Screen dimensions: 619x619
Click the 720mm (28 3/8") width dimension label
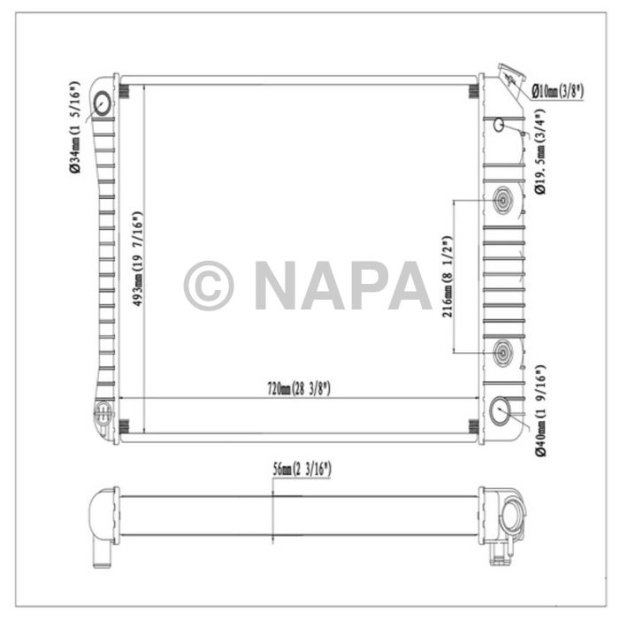pos(299,388)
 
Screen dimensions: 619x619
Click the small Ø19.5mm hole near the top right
pos(500,124)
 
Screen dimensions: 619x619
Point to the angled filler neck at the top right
pos(510,80)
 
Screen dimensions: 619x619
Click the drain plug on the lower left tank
pos(103,412)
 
